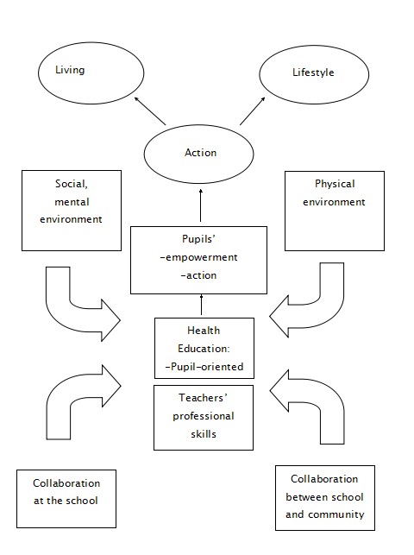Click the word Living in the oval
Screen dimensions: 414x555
[x=70, y=70]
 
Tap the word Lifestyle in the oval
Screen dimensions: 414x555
[x=313, y=73]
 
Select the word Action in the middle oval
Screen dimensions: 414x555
[x=200, y=153]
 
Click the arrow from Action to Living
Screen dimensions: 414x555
[x=150, y=110]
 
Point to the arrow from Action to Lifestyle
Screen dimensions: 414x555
[x=253, y=110]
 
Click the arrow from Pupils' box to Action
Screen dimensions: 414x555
[x=201, y=205]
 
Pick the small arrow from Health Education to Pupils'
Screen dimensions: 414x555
[x=202, y=305]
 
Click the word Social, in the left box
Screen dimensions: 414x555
[x=72, y=184]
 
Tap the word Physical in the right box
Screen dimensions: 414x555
[x=335, y=184]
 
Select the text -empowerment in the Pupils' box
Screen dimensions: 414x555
[x=198, y=257]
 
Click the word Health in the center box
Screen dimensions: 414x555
[x=204, y=331]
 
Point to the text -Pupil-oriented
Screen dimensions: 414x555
[x=204, y=367]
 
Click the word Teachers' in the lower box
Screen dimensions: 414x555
[x=203, y=398]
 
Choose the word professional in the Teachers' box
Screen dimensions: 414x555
[x=204, y=416]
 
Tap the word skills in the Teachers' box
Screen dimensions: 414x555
[x=204, y=434]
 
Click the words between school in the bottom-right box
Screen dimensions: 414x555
[x=324, y=497]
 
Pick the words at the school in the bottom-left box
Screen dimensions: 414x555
[x=66, y=501]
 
